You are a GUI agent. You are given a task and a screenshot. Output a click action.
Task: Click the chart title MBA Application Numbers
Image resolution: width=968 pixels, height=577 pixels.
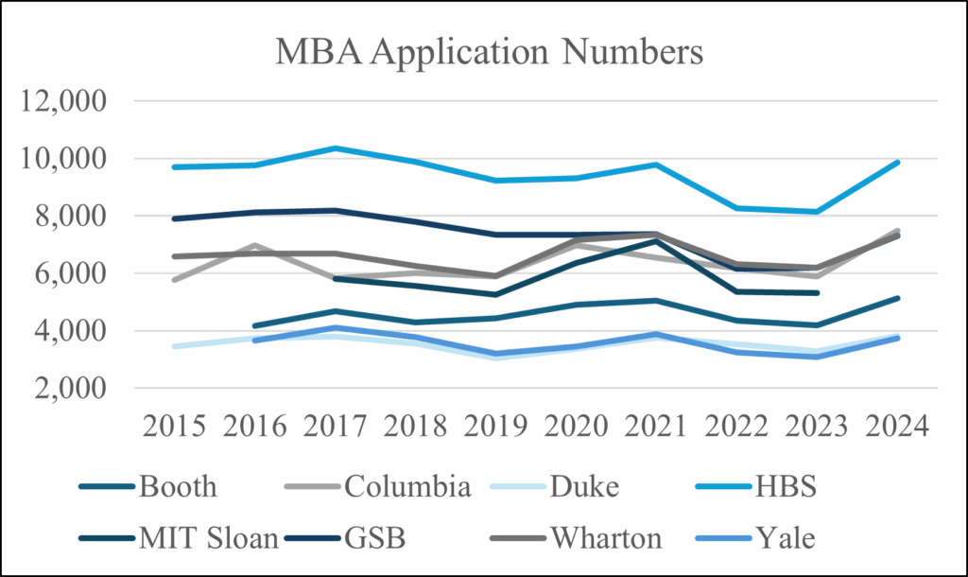(489, 52)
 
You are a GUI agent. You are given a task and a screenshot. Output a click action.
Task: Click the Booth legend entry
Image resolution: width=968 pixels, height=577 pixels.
(178, 488)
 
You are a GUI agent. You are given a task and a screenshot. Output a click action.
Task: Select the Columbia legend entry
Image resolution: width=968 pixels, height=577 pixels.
(406, 488)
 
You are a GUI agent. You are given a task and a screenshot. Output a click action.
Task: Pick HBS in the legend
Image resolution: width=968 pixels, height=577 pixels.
(786, 488)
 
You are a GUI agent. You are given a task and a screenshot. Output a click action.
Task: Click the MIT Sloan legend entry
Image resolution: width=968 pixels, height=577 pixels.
(209, 538)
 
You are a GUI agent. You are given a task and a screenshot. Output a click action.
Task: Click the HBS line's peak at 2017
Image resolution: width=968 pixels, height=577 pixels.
(336, 149)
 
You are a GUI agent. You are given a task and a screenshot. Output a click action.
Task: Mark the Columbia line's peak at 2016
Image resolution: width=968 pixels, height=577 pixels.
(253, 245)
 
